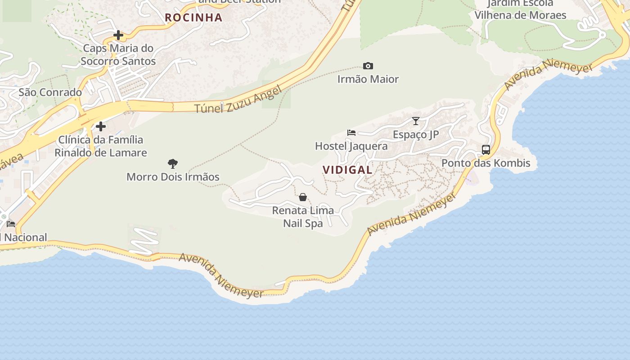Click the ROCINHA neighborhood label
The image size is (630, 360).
[x=193, y=18]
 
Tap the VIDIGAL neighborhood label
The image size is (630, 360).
[x=347, y=170]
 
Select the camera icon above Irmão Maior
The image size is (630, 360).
[x=368, y=66]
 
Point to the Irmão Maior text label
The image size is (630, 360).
[x=368, y=79]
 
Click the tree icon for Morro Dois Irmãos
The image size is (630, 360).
[x=172, y=163]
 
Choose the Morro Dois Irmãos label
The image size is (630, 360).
[x=173, y=177]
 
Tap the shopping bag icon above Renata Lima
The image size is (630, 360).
[x=303, y=197]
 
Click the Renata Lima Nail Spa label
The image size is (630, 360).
[x=303, y=216]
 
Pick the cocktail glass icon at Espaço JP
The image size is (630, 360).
[x=416, y=121]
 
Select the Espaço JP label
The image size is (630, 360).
[x=416, y=135]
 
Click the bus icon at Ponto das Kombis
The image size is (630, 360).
[x=486, y=150]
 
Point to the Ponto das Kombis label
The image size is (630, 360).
[x=486, y=163]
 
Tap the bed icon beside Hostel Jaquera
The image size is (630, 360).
[x=351, y=133]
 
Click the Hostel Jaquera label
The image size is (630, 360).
[x=351, y=146]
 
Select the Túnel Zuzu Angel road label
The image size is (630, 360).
[x=238, y=100]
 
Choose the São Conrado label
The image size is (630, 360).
[x=50, y=92]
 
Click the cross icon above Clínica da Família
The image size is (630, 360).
[x=101, y=126]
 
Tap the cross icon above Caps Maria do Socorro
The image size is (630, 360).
[x=118, y=35]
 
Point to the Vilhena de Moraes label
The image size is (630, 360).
[x=520, y=15]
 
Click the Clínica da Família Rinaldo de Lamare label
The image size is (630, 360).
[x=101, y=146]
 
